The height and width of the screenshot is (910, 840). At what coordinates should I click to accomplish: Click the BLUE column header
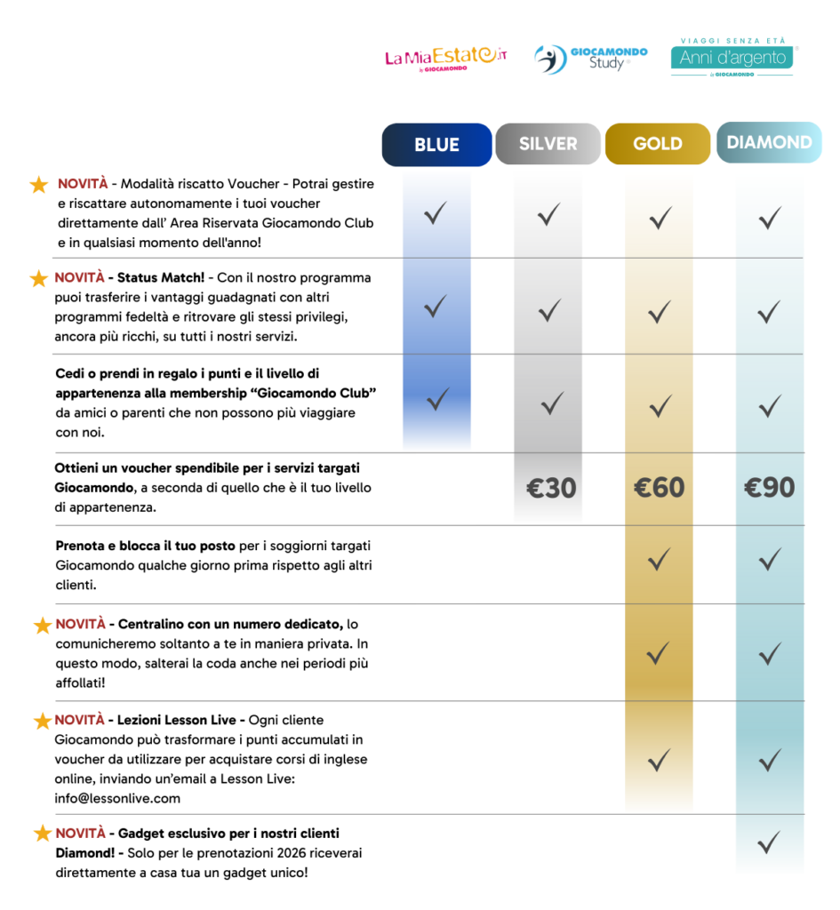pyautogui.click(x=436, y=145)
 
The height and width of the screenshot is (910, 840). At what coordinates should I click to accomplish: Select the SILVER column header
pyautogui.click(x=548, y=144)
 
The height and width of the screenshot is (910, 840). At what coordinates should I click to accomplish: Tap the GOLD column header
pyautogui.click(x=658, y=144)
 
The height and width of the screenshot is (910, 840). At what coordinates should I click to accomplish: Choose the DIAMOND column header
pyautogui.click(x=769, y=142)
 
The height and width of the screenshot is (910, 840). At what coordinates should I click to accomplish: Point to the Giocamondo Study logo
pyautogui.click(x=590, y=59)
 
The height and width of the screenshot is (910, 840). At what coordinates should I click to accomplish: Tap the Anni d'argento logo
pyautogui.click(x=732, y=58)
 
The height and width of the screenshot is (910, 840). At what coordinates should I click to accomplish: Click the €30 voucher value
pyautogui.click(x=551, y=488)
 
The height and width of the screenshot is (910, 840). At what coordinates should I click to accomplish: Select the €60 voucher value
pyautogui.click(x=659, y=488)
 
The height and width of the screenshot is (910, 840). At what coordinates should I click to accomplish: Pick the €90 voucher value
pyautogui.click(x=769, y=488)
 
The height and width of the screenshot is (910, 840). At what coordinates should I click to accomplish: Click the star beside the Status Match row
pyautogui.click(x=38, y=279)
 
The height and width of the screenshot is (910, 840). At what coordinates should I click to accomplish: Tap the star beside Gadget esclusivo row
pyautogui.click(x=42, y=834)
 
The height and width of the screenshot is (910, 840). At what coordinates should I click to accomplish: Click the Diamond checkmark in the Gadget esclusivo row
pyautogui.click(x=769, y=840)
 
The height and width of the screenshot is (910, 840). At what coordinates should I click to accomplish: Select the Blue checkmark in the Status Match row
pyautogui.click(x=435, y=307)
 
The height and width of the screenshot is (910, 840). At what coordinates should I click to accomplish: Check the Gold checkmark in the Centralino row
pyautogui.click(x=659, y=653)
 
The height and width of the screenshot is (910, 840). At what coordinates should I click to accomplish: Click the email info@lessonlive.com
pyautogui.click(x=117, y=798)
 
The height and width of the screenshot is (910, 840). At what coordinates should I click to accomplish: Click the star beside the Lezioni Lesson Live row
pyautogui.click(x=42, y=721)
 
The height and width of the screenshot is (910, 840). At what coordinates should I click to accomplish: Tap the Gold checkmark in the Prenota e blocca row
pyautogui.click(x=659, y=560)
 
